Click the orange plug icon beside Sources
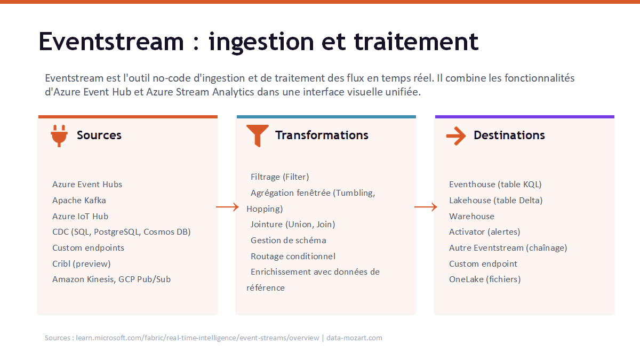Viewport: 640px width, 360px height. pos(59,136)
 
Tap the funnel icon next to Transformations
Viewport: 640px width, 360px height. pos(258,136)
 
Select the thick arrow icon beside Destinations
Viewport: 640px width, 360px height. pos(456,136)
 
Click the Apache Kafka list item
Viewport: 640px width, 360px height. pos(79,201)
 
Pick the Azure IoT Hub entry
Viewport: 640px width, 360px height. pos(81,217)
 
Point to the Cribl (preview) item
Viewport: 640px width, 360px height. pos(82,263)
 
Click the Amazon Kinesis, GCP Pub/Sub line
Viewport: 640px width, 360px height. pos(111,279)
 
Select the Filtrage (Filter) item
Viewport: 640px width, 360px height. pos(279,177)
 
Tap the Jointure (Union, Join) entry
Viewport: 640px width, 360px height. pos(293,225)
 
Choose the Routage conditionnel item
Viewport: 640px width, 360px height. pos(293,257)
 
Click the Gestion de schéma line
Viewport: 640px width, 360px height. pos(289,241)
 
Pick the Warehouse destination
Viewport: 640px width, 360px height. pos(471,217)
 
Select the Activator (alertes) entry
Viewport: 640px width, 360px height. pos(485,231)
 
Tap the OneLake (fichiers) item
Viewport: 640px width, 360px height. pos(485,279)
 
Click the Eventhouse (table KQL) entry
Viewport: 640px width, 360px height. pos(495,185)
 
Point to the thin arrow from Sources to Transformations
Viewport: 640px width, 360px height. pos(227,207)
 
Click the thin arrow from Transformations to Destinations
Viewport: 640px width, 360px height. pos(426,207)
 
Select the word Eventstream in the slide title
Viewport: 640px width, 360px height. pos(111,42)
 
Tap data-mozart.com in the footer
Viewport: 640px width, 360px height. pos(354,338)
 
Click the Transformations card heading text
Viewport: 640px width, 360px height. pos(322,135)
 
